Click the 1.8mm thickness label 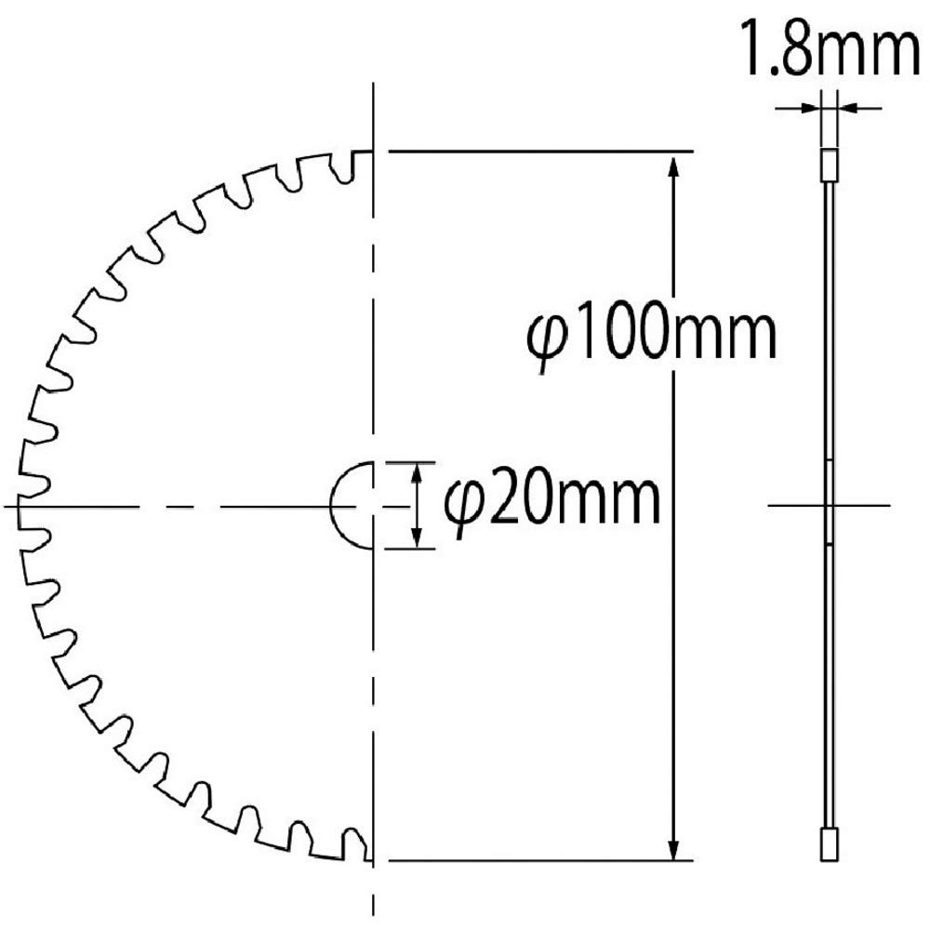(x=831, y=48)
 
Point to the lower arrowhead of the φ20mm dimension (x=417, y=538)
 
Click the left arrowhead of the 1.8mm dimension (x=810, y=108)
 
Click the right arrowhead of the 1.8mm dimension (x=849, y=108)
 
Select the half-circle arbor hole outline (x=331, y=506)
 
